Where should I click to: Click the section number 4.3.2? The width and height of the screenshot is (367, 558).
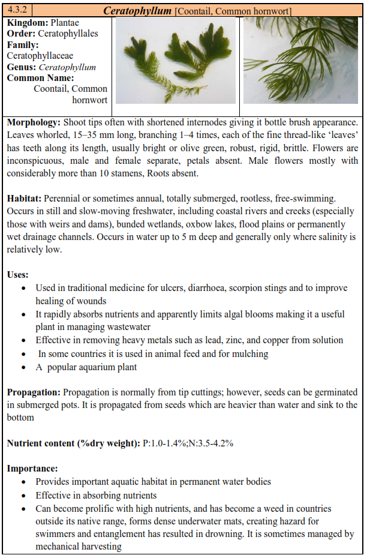tap(17, 10)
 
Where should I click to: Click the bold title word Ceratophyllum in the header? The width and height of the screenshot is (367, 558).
tap(137, 11)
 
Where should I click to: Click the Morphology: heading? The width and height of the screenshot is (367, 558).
tap(34, 122)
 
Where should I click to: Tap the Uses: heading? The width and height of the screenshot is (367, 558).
tap(18, 274)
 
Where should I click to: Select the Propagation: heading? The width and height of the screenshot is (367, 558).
tap(34, 392)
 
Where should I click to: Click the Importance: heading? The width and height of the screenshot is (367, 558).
tap(32, 467)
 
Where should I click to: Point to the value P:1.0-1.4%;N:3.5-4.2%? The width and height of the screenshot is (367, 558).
tap(187, 443)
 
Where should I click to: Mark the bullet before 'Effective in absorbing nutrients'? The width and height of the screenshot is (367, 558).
tap(23, 496)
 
